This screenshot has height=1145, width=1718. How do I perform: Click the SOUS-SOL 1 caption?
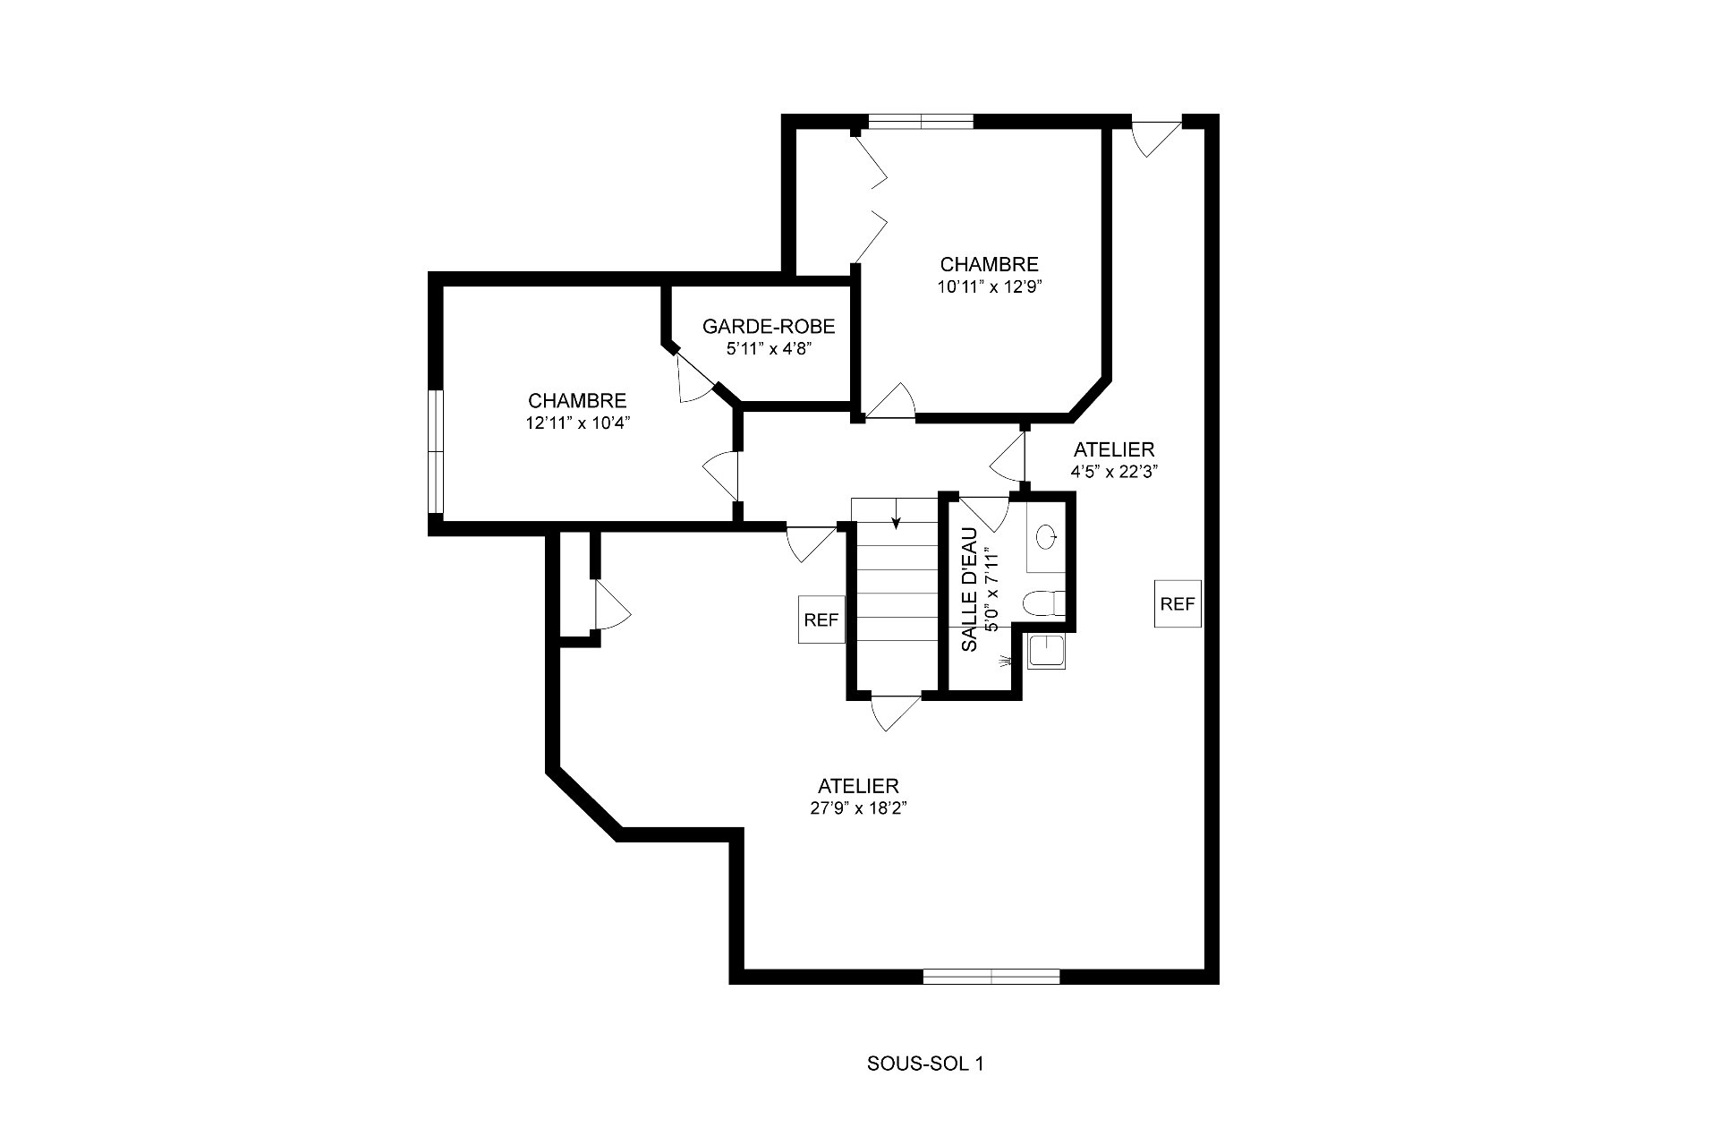(925, 1064)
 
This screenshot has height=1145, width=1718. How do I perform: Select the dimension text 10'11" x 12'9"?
(990, 287)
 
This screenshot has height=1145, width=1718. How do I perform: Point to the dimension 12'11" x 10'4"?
(578, 423)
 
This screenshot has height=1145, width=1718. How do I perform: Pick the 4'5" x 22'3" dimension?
(1114, 472)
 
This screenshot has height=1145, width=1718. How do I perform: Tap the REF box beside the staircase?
(821, 619)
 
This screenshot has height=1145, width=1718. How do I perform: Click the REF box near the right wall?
(1178, 604)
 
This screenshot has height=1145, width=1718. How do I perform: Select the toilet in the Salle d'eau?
(1044, 603)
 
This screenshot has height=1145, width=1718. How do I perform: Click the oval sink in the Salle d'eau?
(1047, 537)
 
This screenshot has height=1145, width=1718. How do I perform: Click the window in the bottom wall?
(991, 976)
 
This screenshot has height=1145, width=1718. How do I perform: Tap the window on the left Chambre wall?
(436, 451)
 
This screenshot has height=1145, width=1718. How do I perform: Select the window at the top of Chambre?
(921, 122)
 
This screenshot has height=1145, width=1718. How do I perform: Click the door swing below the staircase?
(895, 712)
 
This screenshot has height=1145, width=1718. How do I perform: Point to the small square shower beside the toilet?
(1046, 652)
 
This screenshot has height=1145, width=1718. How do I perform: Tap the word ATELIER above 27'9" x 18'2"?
(858, 786)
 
